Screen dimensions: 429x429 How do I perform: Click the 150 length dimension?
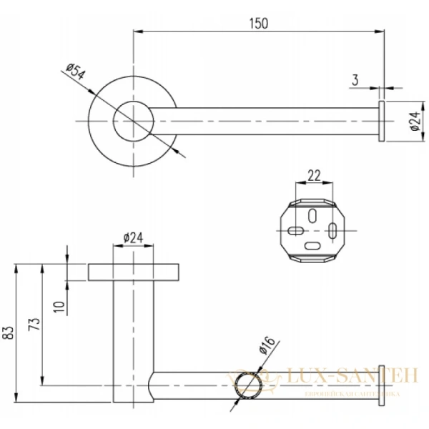click(x=259, y=23)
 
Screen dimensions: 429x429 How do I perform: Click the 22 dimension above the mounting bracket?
click(x=314, y=175)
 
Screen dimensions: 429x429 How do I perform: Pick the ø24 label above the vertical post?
click(x=134, y=238)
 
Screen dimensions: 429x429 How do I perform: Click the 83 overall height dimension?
click(x=9, y=333)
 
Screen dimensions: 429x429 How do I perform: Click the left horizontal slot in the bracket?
click(x=295, y=230)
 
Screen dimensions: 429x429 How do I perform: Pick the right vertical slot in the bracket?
click(x=334, y=230)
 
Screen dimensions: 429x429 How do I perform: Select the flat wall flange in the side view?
click(x=134, y=272)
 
